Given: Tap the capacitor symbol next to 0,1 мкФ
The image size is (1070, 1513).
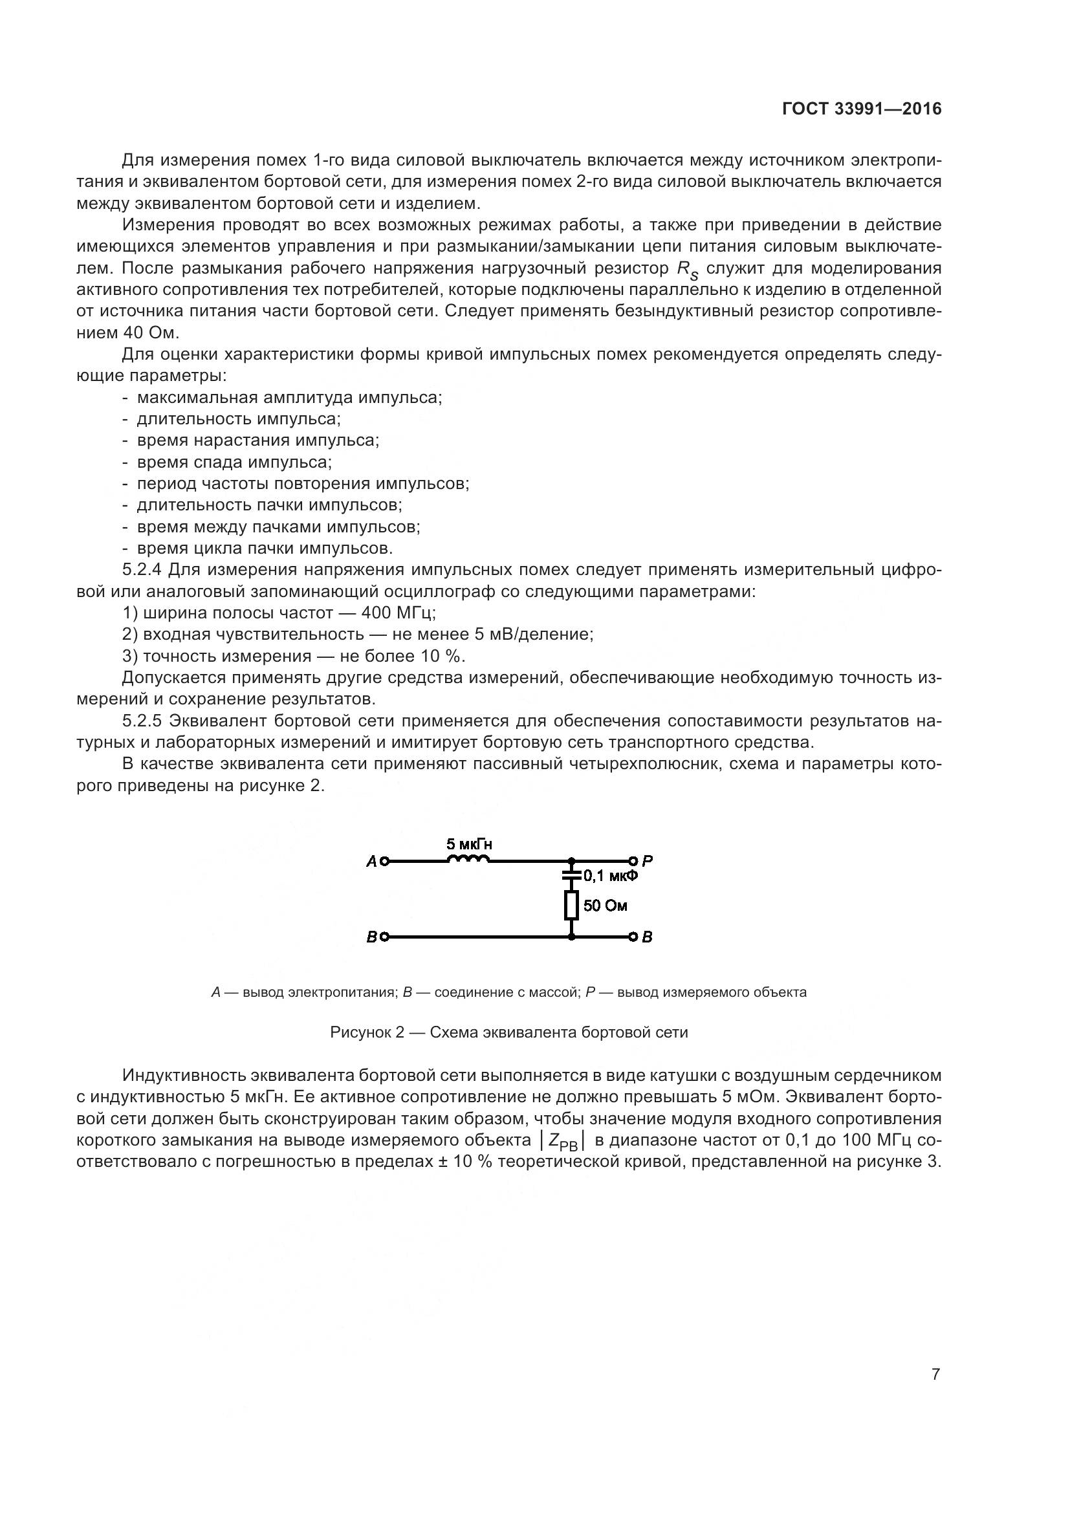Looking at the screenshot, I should (x=571, y=876).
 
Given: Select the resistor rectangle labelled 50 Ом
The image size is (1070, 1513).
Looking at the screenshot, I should (x=571, y=906).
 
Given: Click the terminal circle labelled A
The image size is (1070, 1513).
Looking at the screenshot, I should (x=385, y=860).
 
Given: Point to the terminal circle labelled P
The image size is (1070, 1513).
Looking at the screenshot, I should (x=633, y=860).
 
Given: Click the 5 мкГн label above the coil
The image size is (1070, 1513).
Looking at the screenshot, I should (x=469, y=844).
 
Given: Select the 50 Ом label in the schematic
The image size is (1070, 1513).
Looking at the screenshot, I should (x=605, y=906).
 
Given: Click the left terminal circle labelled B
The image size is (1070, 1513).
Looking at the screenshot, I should (x=385, y=937).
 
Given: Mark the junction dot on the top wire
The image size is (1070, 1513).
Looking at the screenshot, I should (x=571, y=860).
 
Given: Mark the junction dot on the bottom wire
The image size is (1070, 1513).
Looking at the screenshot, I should (x=571, y=937).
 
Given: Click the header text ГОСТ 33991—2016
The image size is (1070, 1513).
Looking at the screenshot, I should (x=862, y=109).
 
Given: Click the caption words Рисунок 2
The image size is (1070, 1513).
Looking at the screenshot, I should (x=366, y=1032).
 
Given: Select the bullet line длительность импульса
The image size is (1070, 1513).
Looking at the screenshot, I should (x=239, y=419).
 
